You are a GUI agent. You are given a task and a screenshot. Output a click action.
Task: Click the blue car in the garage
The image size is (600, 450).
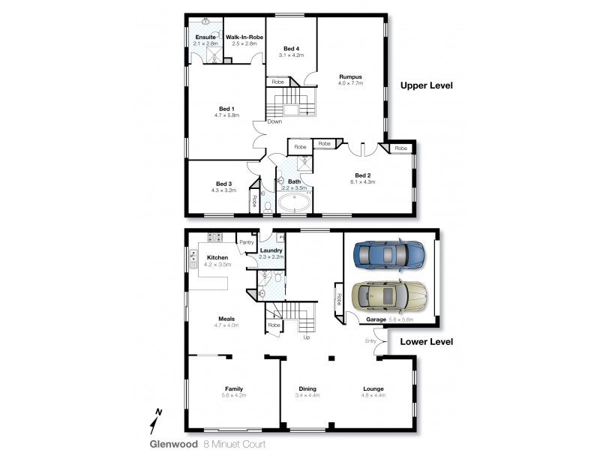387,255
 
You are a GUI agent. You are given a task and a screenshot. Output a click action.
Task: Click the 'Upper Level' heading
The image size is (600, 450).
427,85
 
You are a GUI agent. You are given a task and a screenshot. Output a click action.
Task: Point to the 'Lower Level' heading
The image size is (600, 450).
427,341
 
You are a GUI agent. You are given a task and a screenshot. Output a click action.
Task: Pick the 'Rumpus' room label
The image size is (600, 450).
350,76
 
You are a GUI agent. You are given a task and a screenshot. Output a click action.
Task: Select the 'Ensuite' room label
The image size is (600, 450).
205,37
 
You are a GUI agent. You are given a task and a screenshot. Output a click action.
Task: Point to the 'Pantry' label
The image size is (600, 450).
246,242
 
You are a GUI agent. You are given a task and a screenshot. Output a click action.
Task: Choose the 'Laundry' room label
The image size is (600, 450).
271,250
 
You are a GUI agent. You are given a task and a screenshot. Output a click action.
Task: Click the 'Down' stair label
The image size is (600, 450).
274,121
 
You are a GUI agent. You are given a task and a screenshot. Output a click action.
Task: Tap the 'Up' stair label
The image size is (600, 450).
306,337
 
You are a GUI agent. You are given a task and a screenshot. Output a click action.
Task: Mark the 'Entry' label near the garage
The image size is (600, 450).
370,341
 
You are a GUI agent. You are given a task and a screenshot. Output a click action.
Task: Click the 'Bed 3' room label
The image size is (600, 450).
223,184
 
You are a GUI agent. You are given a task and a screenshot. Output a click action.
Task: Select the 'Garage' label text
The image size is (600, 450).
376,319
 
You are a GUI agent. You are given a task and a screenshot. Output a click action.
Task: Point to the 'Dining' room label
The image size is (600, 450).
307,388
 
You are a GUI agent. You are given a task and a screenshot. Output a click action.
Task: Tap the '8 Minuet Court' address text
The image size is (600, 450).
235,443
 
